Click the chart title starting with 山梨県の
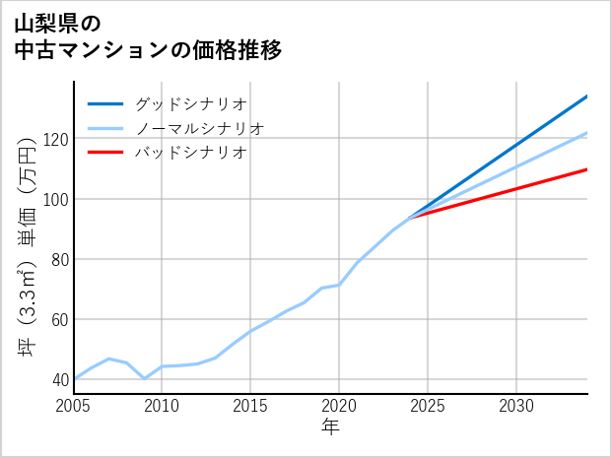pos(148,35)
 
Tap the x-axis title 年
pos(330,427)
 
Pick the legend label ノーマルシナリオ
pos(199,128)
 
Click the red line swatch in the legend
pos(105,153)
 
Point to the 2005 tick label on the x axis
pos(74,406)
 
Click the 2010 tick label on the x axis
pos(162,406)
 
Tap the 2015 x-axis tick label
pos(250,406)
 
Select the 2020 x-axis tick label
pos(339,406)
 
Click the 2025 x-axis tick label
pos(428,406)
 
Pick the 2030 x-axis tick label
pos(516,406)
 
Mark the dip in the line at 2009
pos(145,378)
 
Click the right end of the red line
pos(587,169)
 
